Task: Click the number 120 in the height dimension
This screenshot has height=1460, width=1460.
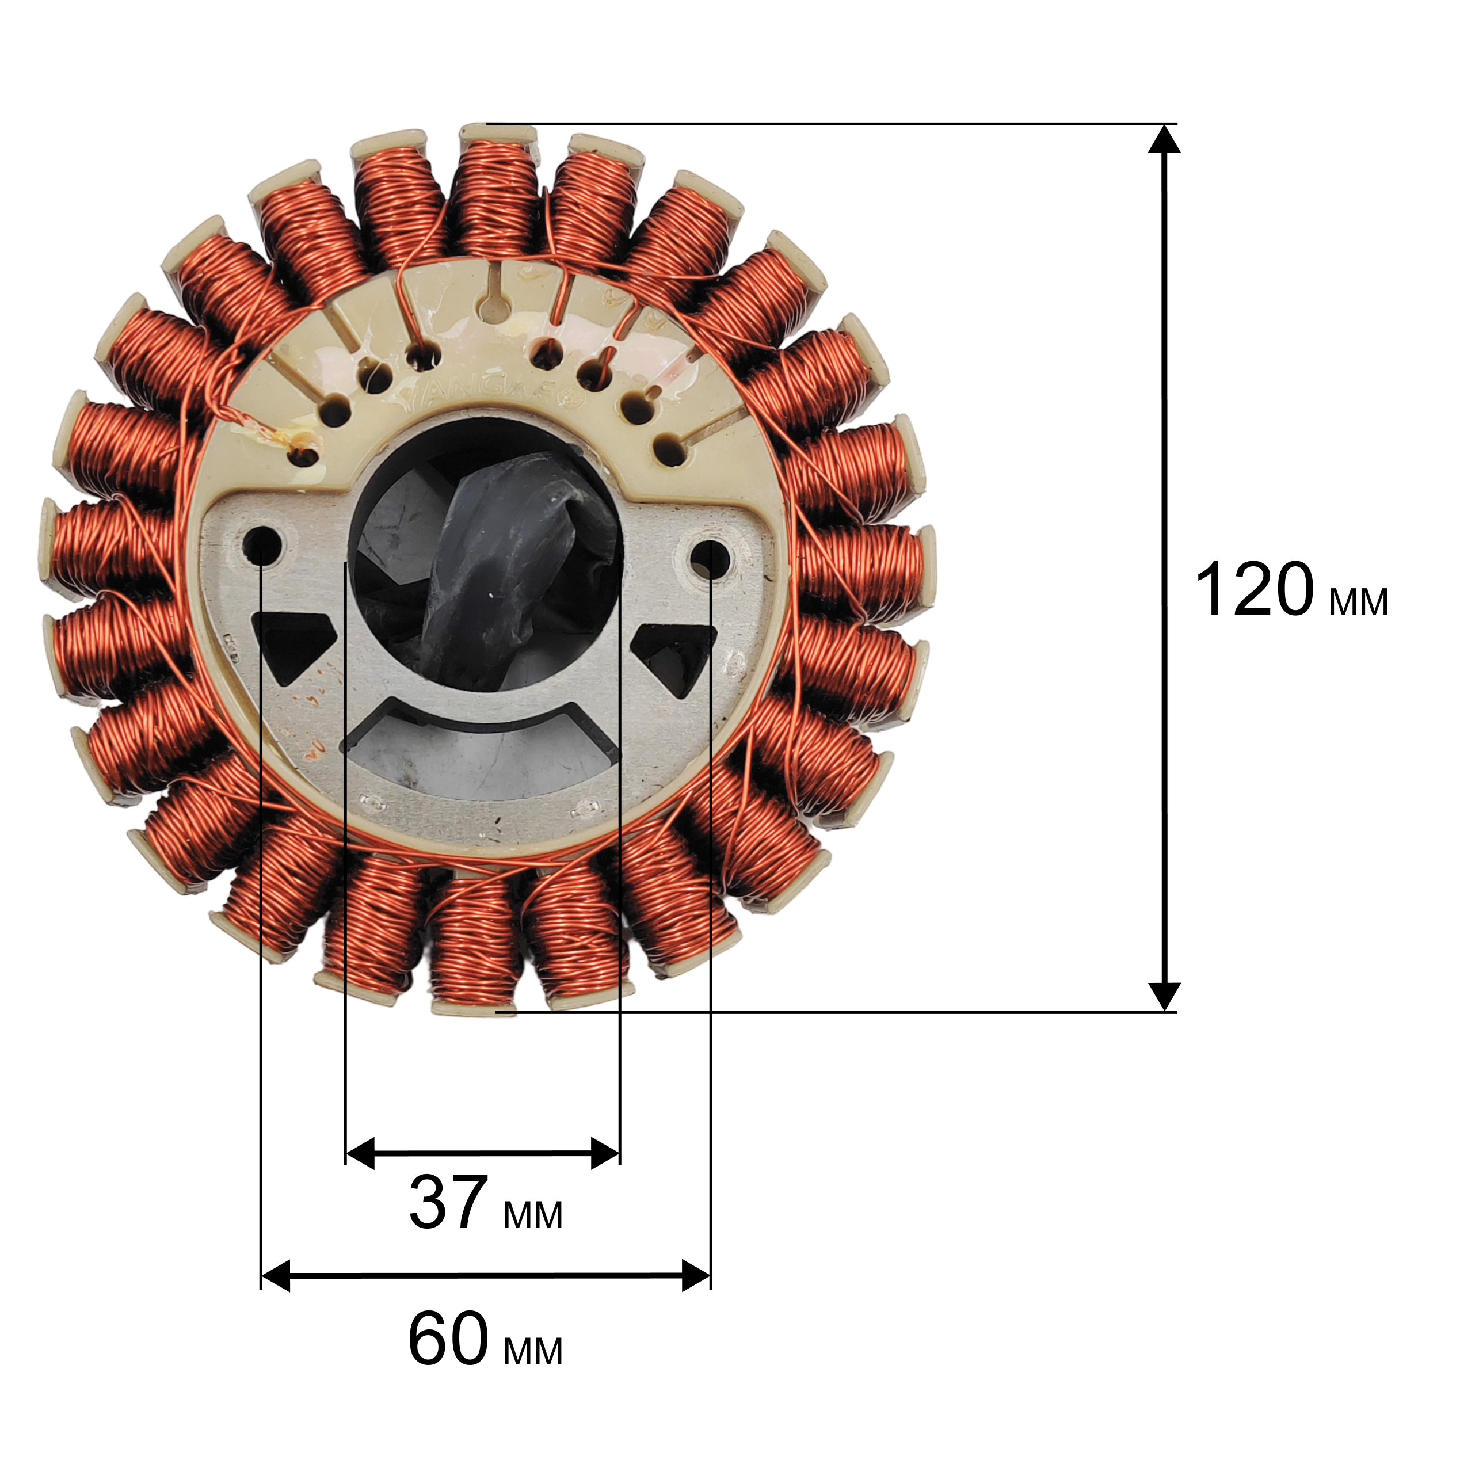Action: tap(1256, 590)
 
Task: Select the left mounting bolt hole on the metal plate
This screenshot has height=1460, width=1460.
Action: tap(261, 543)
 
